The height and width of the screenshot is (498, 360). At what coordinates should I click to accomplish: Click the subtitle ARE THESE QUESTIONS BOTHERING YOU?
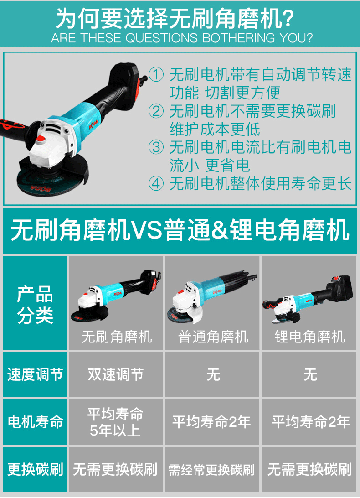click(x=181, y=38)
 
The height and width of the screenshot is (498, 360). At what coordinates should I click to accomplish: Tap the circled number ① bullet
click(x=156, y=75)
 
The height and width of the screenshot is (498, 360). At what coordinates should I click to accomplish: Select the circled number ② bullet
click(x=156, y=111)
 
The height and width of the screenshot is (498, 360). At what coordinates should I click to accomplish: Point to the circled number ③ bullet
click(x=156, y=147)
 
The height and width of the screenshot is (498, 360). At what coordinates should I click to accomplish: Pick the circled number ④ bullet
click(x=156, y=184)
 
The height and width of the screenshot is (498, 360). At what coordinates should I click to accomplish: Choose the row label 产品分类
click(x=35, y=304)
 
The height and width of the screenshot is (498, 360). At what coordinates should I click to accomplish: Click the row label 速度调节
click(x=35, y=374)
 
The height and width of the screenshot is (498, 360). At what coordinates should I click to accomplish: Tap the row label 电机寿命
click(x=35, y=422)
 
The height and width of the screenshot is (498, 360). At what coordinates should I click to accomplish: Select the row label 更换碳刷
click(x=35, y=469)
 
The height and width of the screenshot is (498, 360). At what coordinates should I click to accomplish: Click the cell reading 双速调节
click(x=116, y=374)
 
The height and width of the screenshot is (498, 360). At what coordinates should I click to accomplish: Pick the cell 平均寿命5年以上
click(x=116, y=422)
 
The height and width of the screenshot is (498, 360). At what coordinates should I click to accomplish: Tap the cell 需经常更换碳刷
click(x=211, y=470)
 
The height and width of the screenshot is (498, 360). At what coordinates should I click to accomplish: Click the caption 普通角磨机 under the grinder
click(x=213, y=337)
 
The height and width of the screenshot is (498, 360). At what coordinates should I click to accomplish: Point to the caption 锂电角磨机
click(x=310, y=337)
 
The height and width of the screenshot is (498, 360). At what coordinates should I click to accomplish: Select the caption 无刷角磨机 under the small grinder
click(x=117, y=337)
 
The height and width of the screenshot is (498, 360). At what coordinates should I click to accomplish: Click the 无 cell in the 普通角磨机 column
click(x=213, y=374)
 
